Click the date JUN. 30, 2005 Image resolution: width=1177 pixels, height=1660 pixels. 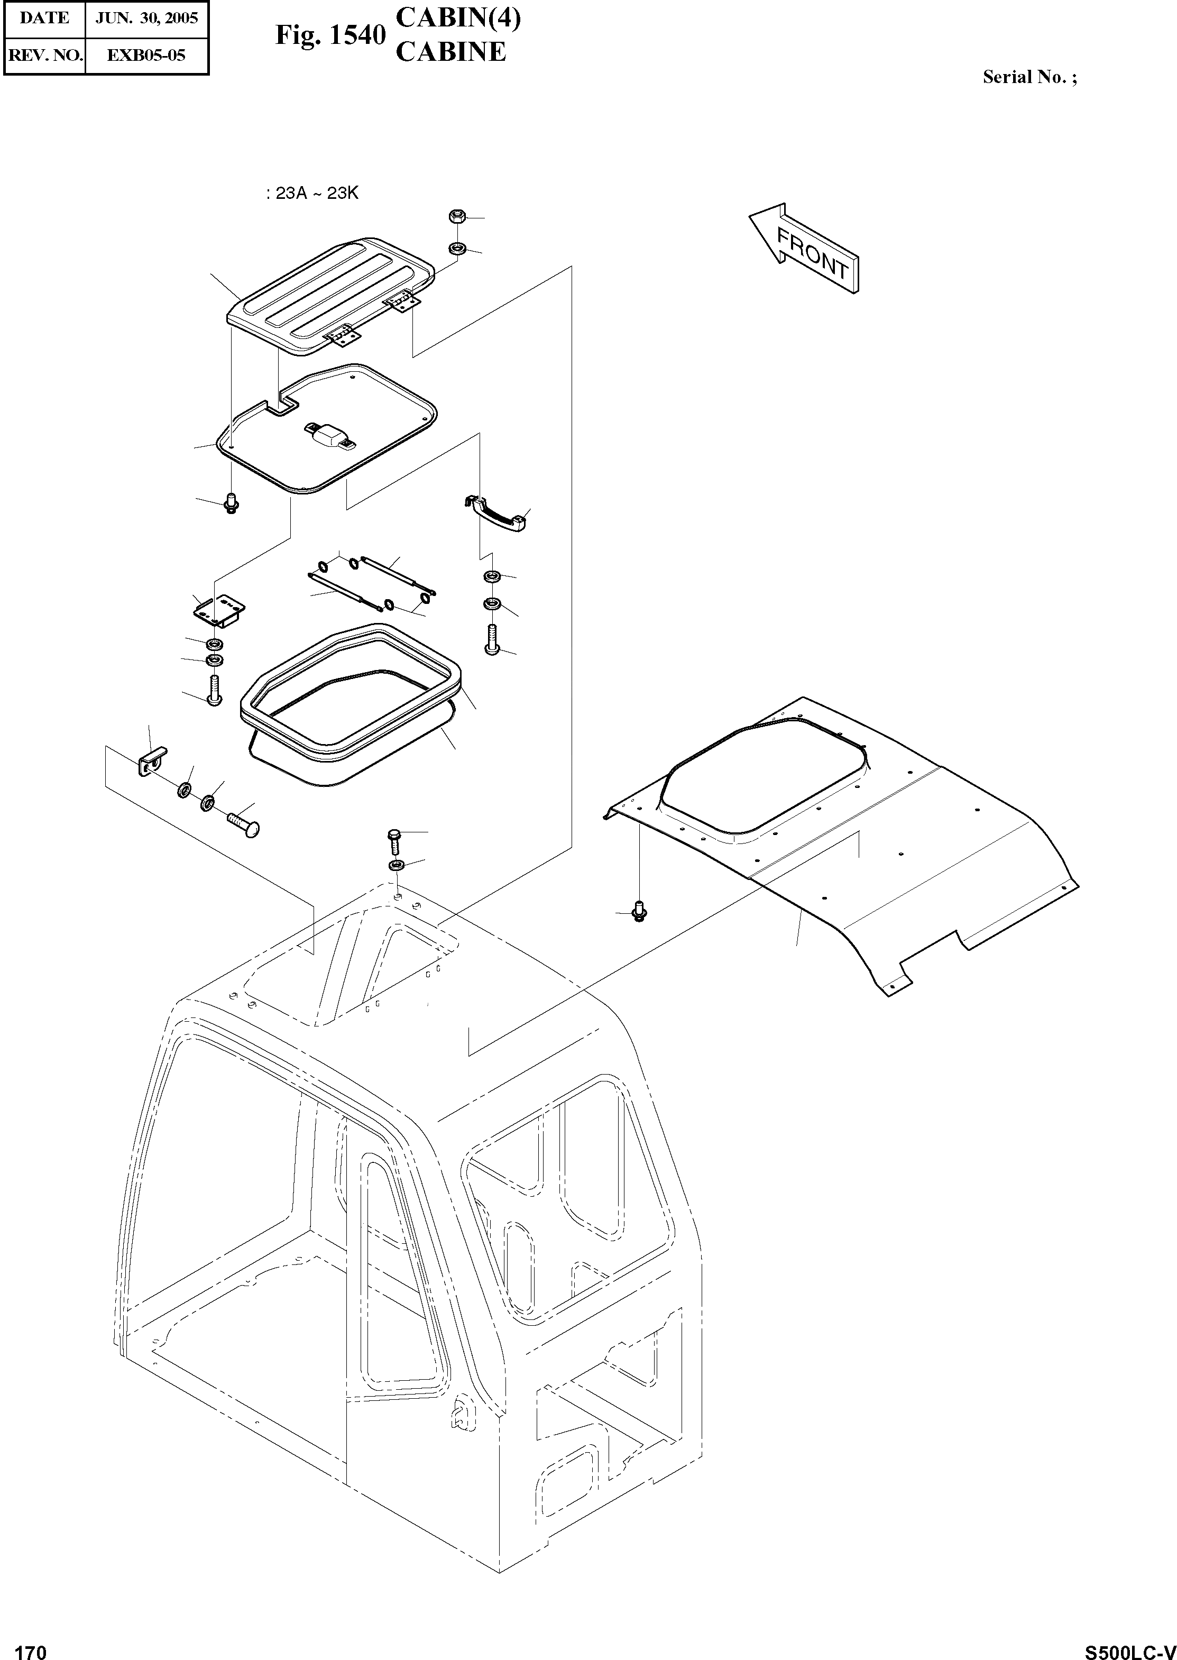pyautogui.click(x=147, y=18)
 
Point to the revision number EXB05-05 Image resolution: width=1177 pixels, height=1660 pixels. pyautogui.click(x=146, y=54)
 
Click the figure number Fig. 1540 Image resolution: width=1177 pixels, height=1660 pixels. pyautogui.click(x=330, y=35)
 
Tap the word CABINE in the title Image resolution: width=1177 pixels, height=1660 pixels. pyautogui.click(x=450, y=52)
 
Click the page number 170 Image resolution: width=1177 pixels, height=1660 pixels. pyautogui.click(x=31, y=1647)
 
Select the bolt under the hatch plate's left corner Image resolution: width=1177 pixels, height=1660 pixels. pyautogui.click(x=231, y=502)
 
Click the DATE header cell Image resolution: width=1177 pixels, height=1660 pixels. pyautogui.click(x=45, y=18)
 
